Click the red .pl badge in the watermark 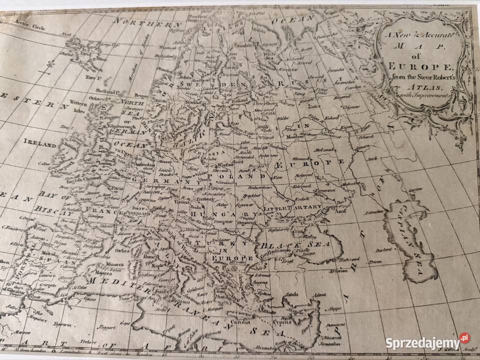coord(465,338)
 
